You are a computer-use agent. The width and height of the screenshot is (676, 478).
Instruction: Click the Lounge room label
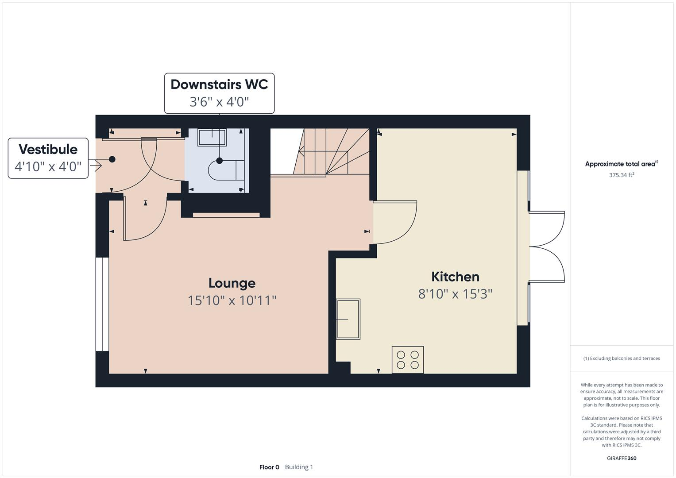click(x=232, y=283)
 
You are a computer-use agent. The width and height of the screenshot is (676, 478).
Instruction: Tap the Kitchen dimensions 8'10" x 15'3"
click(x=455, y=294)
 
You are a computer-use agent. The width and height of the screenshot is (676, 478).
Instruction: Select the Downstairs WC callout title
click(x=219, y=85)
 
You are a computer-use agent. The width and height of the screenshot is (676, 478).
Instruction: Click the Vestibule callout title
click(x=48, y=149)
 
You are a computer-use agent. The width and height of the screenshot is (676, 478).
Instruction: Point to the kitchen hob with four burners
click(x=408, y=360)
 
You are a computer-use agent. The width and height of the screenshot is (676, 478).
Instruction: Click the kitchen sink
click(x=348, y=319)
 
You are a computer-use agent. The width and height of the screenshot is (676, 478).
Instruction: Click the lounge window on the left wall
click(x=102, y=304)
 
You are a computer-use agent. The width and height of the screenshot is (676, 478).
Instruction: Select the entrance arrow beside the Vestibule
click(x=96, y=166)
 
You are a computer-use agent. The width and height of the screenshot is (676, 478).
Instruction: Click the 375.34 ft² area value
click(x=622, y=175)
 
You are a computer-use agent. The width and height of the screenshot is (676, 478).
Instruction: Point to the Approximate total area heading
click(x=621, y=164)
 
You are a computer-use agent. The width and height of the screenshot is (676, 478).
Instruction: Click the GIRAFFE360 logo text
click(x=622, y=458)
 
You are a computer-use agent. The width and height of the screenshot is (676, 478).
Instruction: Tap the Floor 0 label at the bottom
click(x=269, y=467)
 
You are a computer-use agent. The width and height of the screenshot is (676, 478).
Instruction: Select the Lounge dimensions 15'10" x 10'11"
click(x=232, y=301)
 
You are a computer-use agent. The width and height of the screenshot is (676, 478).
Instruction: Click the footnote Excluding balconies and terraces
click(x=622, y=358)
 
